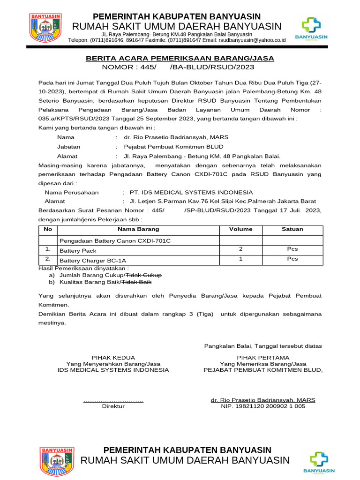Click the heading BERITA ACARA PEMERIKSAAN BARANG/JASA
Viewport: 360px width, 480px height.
pyautogui.click(x=180, y=58)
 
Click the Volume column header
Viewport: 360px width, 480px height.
pyautogui.click(x=240, y=229)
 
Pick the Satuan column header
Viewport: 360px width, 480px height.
pyautogui.click(x=292, y=229)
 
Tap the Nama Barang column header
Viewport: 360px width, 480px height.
pyautogui.click(x=138, y=229)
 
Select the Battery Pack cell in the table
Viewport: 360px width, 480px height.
pyautogui.click(x=78, y=251)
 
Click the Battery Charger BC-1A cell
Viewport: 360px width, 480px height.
pyautogui.click(x=93, y=260)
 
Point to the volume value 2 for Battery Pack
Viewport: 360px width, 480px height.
pyautogui.click(x=240, y=249)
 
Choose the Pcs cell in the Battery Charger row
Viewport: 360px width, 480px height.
pyautogui.click(x=292, y=259)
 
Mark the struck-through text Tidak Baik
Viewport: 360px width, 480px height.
pyautogui.click(x=137, y=282)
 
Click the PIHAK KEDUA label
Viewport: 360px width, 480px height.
pyautogui.click(x=113, y=357)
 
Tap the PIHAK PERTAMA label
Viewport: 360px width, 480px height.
pyautogui.click(x=263, y=357)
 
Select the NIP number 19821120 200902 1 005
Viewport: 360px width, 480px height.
pyautogui.click(x=263, y=406)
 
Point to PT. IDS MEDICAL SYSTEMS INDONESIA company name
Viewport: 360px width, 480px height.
pyautogui.click(x=191, y=193)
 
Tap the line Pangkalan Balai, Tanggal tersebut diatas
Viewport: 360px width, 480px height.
pyautogui.click(x=263, y=346)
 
